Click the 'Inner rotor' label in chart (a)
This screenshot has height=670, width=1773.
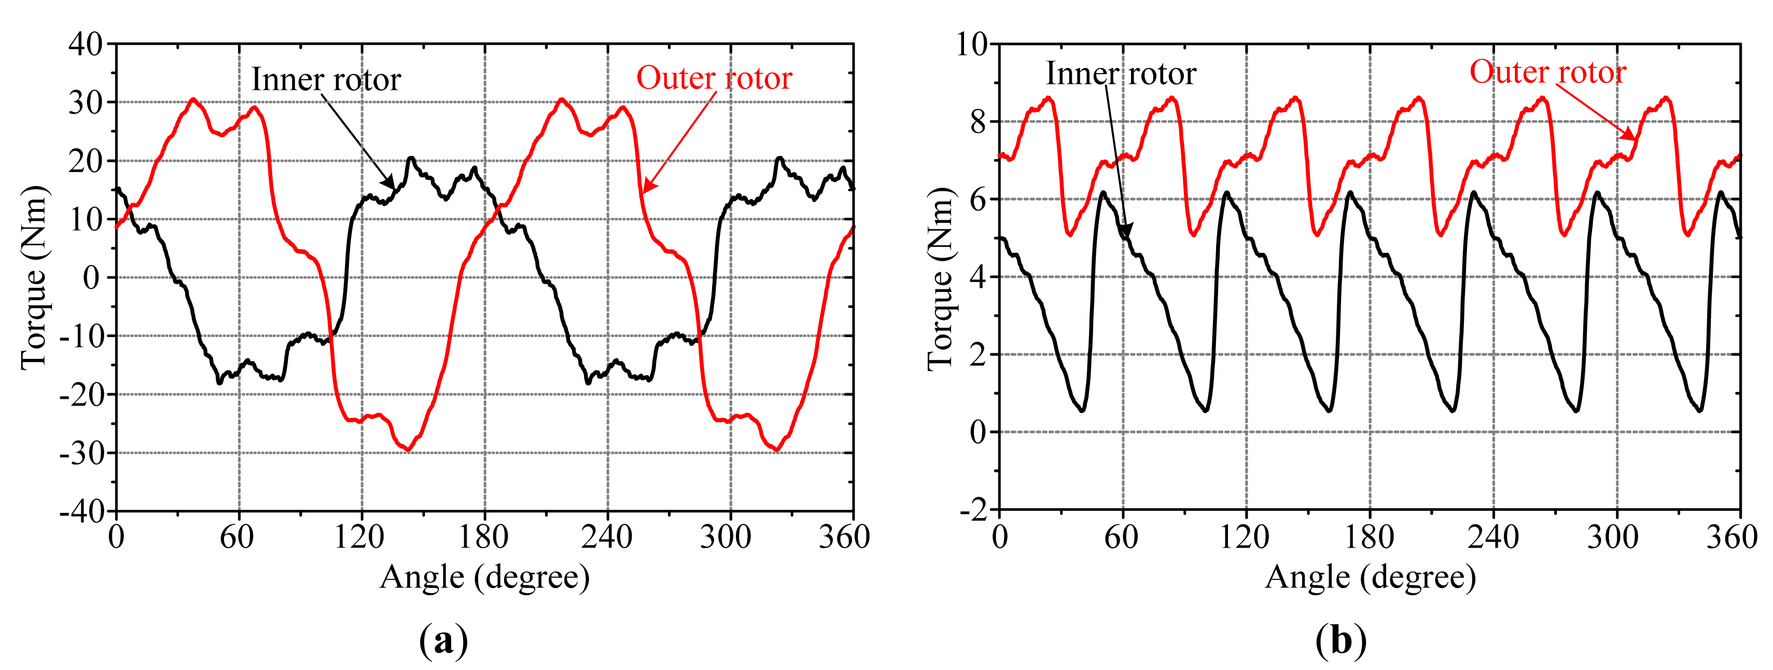[x=326, y=80]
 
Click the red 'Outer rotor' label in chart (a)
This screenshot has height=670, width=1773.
[x=714, y=78]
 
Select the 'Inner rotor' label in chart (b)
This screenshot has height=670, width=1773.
[x=1121, y=74]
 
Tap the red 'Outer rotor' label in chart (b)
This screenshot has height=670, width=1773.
[x=1547, y=72]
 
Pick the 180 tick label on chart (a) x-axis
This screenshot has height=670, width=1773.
[x=484, y=537]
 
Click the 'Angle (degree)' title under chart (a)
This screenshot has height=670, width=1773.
[x=484, y=577]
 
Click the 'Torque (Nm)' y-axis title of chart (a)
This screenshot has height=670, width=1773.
[x=34, y=277]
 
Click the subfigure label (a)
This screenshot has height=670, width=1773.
[x=443, y=641]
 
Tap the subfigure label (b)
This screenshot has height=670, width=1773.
[x=1340, y=641]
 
